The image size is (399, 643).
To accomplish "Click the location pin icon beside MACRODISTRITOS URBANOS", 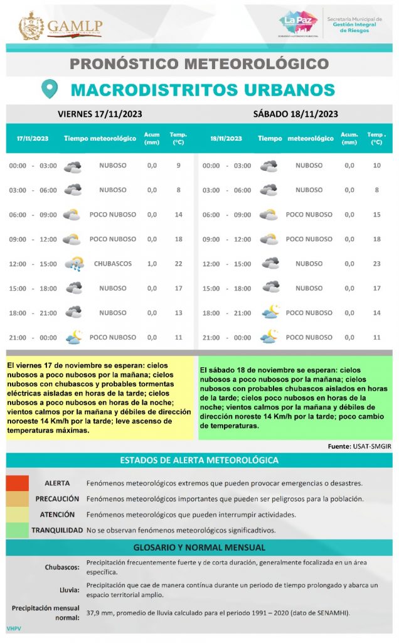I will pos(49,89).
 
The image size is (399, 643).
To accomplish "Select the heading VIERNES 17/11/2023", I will pos(100,114).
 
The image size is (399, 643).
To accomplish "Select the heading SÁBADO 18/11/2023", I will pos(295,114).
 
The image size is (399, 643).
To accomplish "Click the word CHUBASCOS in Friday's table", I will pos(113,264).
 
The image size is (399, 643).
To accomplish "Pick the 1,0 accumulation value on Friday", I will pos(152,264).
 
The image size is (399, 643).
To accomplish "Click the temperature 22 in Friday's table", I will pos(179,264).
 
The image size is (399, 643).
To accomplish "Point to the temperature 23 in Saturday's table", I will pos(376,264).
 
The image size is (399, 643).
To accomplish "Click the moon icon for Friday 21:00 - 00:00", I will pos(74,337).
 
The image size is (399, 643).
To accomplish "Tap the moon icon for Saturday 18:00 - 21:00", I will pos(270,313).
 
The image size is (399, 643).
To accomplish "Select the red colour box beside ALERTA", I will pos(18,484).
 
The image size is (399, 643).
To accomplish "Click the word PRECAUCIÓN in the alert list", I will pos(57,499).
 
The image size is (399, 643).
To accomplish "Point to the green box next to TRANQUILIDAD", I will pos(18,530).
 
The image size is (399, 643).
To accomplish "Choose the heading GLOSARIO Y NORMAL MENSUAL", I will pos(199,548).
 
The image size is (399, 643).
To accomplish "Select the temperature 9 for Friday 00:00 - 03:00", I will pos(179,166).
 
